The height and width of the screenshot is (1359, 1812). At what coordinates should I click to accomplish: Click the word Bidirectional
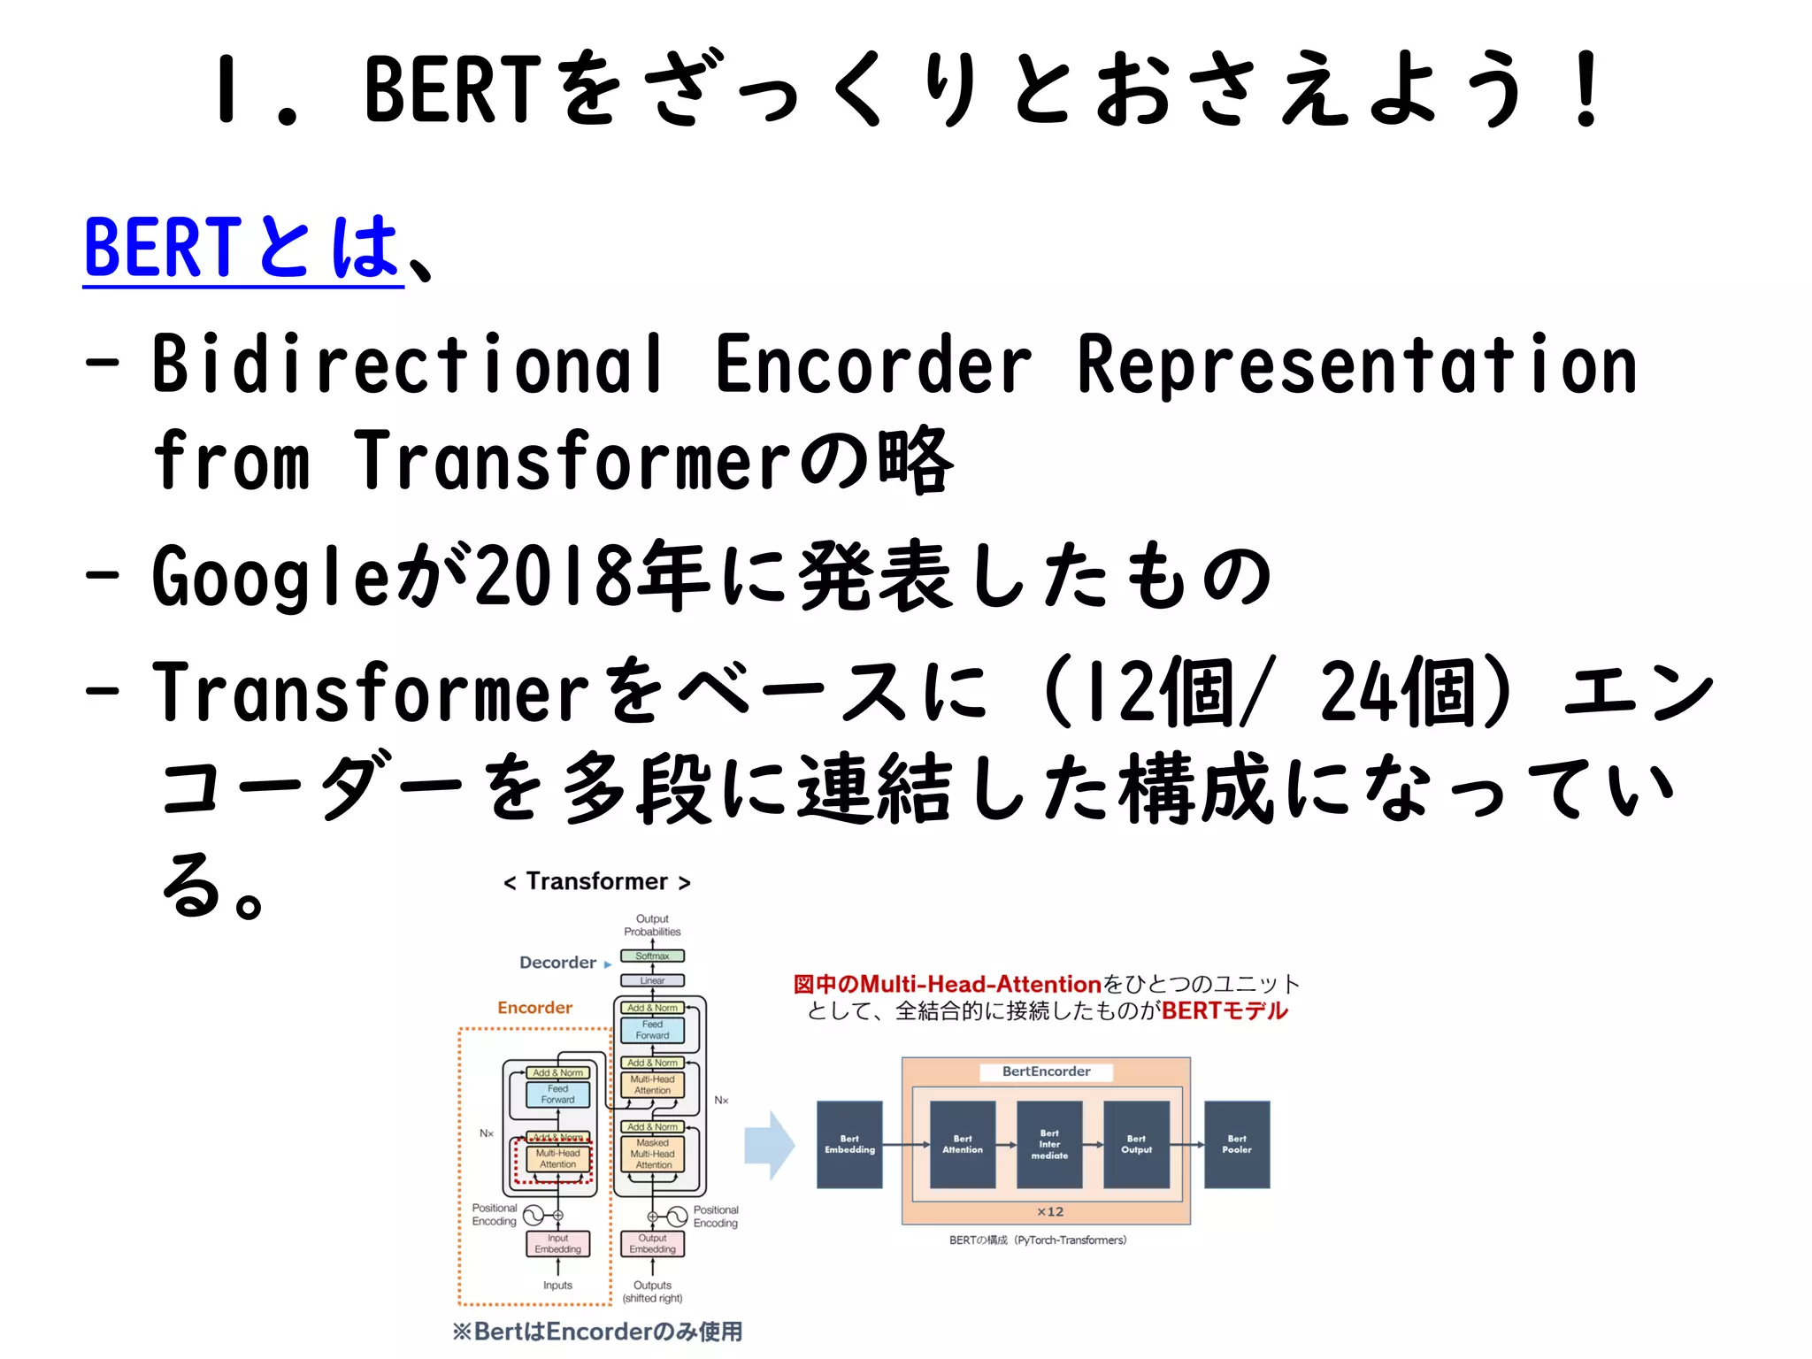tap(407, 365)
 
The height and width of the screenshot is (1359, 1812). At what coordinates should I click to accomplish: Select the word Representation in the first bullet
tap(1356, 365)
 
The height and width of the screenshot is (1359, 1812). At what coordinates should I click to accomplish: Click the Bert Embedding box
tap(849, 1144)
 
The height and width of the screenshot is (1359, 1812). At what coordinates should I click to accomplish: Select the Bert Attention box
tap(963, 1144)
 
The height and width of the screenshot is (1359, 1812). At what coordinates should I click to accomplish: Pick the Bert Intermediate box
tap(1049, 1144)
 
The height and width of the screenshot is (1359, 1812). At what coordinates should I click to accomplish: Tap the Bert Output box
tap(1136, 1144)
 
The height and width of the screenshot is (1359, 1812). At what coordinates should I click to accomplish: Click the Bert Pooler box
tap(1237, 1144)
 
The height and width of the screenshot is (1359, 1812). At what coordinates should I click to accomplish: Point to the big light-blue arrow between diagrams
tap(769, 1145)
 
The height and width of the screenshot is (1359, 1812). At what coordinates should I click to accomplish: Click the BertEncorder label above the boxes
tap(1046, 1071)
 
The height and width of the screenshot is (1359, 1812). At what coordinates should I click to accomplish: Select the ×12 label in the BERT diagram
tap(1050, 1211)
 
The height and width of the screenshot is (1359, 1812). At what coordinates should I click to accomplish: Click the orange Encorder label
tap(534, 1008)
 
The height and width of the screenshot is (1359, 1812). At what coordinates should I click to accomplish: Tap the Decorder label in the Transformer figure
tap(557, 963)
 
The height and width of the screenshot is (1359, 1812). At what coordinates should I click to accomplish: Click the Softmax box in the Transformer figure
tap(652, 956)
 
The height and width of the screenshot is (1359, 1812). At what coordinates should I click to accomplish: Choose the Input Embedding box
tap(557, 1243)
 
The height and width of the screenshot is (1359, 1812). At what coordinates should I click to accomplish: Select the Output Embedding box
tap(652, 1243)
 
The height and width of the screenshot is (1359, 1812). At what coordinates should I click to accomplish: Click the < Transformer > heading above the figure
tap(596, 882)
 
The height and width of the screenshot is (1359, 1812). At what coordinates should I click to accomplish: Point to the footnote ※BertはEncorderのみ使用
tap(597, 1332)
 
